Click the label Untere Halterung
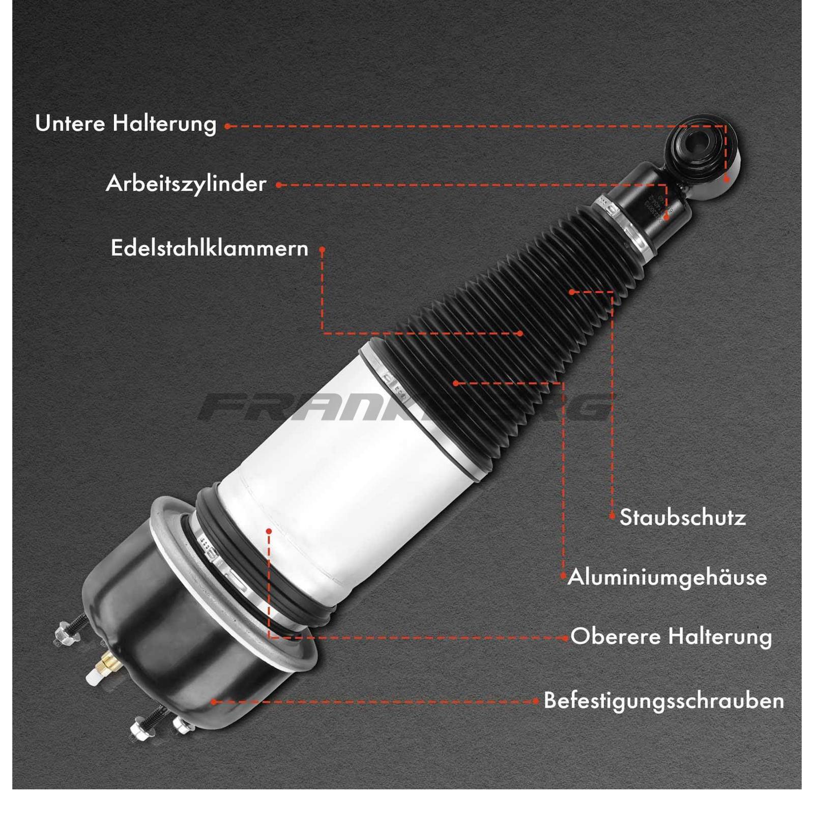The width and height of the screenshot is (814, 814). [x=126, y=124]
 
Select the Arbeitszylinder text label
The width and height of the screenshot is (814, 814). [x=186, y=184]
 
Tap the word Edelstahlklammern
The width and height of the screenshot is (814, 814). [x=210, y=249]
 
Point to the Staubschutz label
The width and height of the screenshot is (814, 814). [x=683, y=518]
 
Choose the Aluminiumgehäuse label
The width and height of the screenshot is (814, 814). [x=667, y=577]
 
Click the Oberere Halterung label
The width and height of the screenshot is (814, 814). [x=671, y=637]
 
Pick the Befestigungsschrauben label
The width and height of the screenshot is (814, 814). [x=664, y=701]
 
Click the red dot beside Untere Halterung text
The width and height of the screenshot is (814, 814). [x=227, y=126]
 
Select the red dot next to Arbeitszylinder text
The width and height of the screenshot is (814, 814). [x=278, y=185]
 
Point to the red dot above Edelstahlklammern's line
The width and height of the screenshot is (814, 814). [x=322, y=250]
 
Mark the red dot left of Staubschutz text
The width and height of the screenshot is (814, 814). [x=612, y=516]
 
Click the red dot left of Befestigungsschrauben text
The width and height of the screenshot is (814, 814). [x=536, y=701]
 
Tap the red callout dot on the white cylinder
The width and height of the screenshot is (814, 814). [x=269, y=531]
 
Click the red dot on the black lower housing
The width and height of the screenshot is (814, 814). [x=214, y=702]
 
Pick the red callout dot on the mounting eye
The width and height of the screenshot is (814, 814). [x=726, y=179]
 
